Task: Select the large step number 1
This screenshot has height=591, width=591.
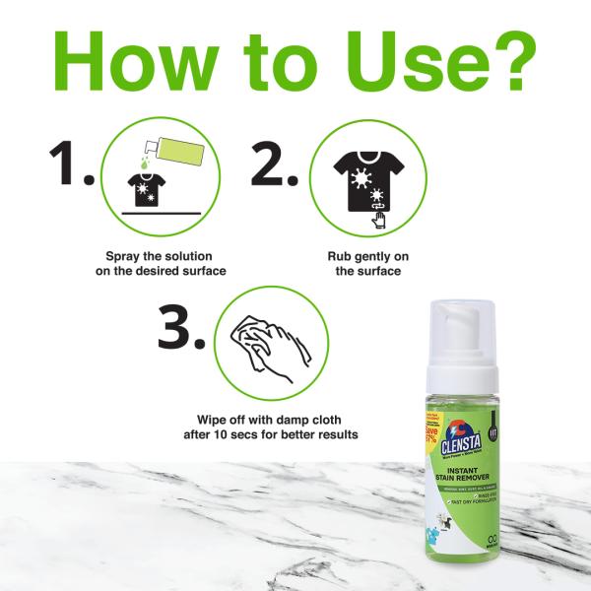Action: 69,164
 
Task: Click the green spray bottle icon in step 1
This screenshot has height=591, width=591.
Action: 175,154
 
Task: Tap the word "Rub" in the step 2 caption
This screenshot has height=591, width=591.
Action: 340,255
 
